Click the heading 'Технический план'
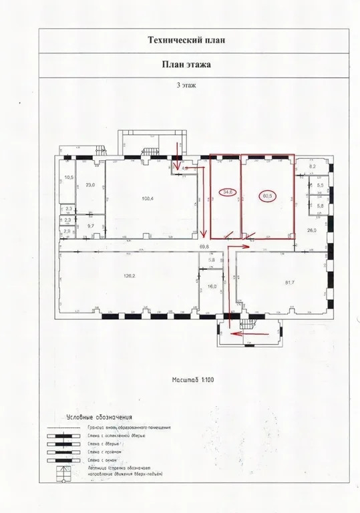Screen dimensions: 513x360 (x=186, y=40)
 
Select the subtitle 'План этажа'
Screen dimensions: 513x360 (x=186, y=65)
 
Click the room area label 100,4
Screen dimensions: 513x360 (x=148, y=199)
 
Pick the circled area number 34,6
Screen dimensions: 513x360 (x=228, y=192)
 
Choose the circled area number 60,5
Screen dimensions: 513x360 (x=267, y=196)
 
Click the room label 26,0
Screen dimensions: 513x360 (x=311, y=230)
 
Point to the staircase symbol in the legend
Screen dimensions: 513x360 (x=64, y=474)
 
